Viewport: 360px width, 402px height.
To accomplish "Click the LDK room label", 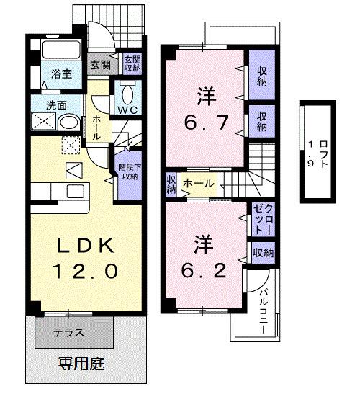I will pos(86,246).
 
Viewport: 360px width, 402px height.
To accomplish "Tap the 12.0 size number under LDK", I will pos(86,271).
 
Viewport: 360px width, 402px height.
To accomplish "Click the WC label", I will pos(129,110).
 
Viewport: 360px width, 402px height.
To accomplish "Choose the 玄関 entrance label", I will pos(100,65).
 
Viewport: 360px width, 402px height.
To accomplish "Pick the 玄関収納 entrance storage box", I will pos(131,64).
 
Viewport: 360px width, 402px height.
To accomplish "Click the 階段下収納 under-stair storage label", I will pos(130,171).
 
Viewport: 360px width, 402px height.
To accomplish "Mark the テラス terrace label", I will pos(69,332).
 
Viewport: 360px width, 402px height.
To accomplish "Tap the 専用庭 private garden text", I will pos(81,362).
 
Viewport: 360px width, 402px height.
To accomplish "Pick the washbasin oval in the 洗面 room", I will pos(69,122).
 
